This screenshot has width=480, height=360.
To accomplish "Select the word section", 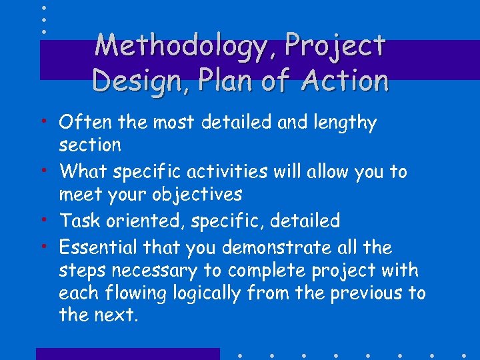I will pos(90,145).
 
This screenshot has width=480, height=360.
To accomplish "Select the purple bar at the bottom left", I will pos(127,353).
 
